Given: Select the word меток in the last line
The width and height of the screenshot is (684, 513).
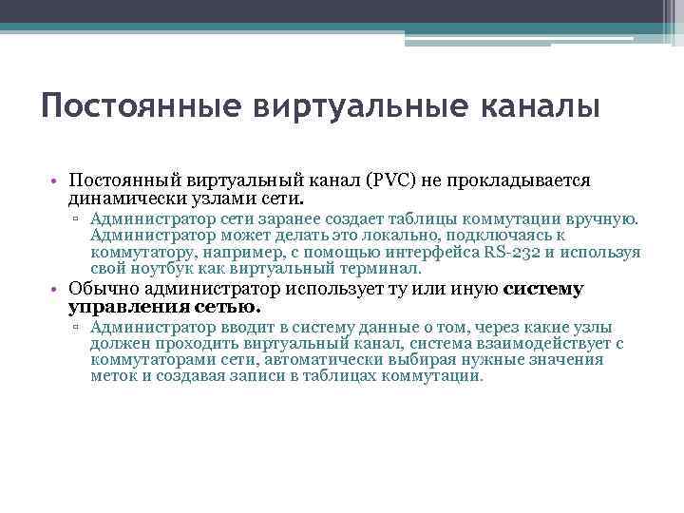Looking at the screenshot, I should point(114,376).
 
